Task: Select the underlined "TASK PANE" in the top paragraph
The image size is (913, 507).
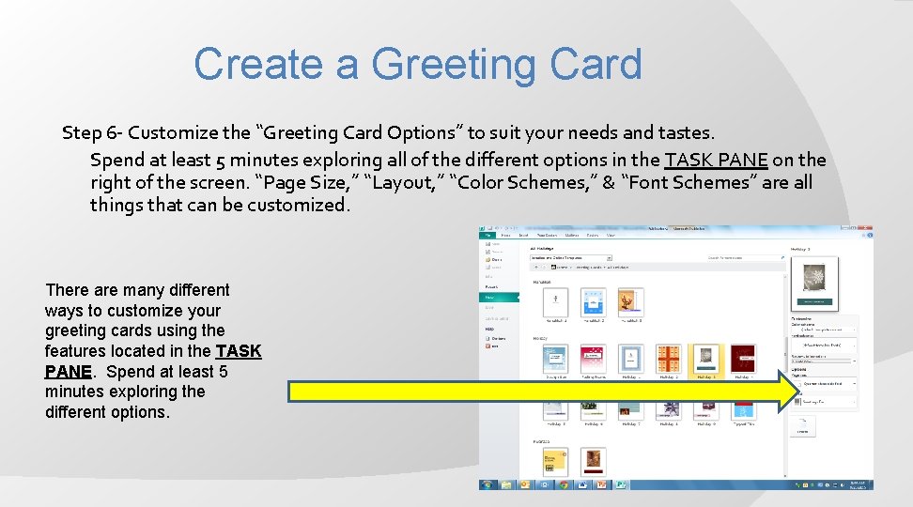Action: click(716, 159)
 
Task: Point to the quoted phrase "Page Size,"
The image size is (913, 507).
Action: click(302, 182)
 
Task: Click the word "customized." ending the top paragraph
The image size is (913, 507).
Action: click(299, 205)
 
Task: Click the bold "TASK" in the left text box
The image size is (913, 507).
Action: click(239, 351)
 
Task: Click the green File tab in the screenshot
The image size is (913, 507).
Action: click(489, 235)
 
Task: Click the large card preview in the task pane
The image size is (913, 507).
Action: click(813, 283)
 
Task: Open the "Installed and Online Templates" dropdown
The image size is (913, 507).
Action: click(571, 257)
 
